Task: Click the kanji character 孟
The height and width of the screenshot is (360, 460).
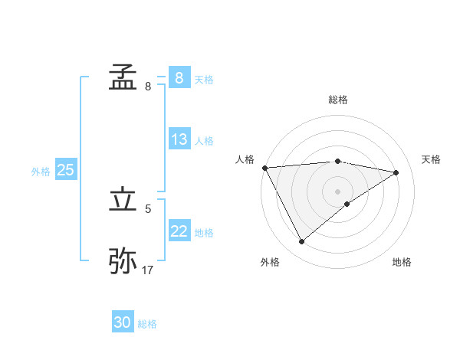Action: [123, 77]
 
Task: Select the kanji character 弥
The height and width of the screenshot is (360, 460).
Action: [123, 260]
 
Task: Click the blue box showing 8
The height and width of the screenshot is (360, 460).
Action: [179, 78]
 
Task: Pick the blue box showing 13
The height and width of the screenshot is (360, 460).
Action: [179, 140]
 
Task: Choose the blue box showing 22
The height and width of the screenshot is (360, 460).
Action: [179, 232]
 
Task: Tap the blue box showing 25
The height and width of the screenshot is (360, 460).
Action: [65, 171]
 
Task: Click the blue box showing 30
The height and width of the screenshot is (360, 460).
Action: [123, 323]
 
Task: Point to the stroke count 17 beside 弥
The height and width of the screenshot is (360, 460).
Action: [148, 270]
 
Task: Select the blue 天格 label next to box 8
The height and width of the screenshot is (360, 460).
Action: [204, 79]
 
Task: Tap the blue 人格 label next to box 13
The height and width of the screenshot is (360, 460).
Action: [204, 141]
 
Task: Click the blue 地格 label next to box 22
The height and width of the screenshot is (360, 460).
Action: [204, 233]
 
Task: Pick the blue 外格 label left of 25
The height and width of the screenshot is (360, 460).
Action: [41, 172]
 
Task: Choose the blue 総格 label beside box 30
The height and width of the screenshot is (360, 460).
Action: [147, 324]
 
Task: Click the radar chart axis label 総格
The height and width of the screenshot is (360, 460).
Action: [337, 100]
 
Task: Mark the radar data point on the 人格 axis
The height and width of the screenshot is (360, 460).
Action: [264, 168]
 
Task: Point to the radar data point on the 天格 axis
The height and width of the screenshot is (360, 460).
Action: [396, 172]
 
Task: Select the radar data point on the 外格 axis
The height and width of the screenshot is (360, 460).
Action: [301, 242]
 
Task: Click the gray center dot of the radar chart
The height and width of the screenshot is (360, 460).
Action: [337, 191]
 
